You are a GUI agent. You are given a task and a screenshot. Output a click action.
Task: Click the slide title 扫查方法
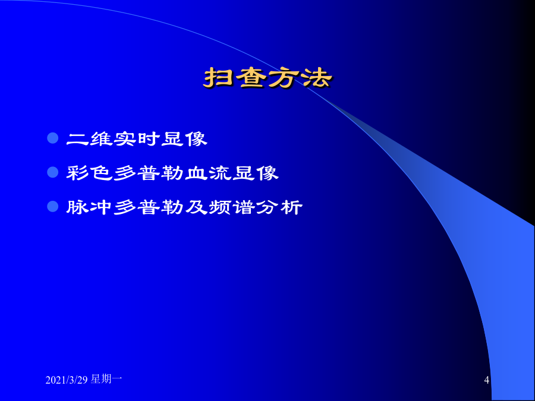[268, 79]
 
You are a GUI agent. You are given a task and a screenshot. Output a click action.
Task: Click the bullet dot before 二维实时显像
[52, 138]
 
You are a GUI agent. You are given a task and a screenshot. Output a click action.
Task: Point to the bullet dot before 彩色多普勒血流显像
[52, 172]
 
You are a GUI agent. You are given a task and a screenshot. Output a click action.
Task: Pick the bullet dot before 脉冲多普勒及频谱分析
[52, 206]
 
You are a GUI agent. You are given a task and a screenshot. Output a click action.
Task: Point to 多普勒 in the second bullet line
[149, 173]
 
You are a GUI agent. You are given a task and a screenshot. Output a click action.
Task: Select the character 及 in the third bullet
[197, 207]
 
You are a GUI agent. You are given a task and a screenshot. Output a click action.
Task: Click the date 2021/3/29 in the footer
[67, 380]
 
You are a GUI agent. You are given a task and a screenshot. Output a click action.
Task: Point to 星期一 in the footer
[106, 379]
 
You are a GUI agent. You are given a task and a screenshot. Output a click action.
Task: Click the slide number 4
[487, 380]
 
